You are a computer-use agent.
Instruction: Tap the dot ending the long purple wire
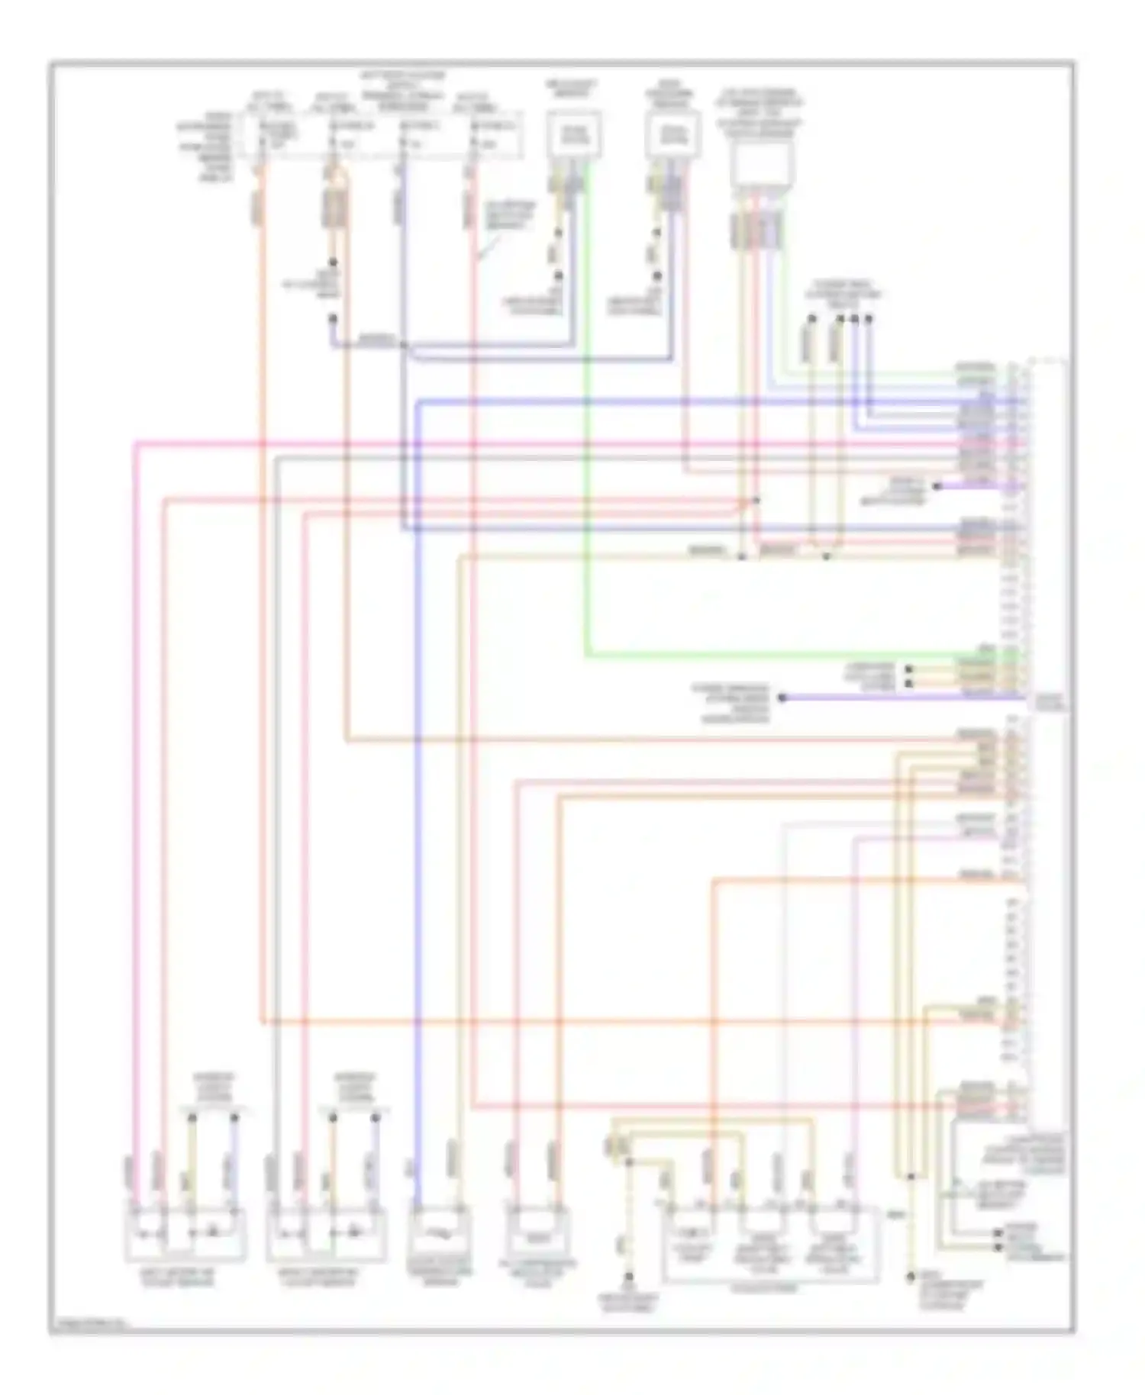pos(782,697)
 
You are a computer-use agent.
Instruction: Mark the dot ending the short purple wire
pos(937,486)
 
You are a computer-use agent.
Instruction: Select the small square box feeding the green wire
pos(574,136)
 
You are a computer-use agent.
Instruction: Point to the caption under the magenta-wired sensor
pos(185,1278)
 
